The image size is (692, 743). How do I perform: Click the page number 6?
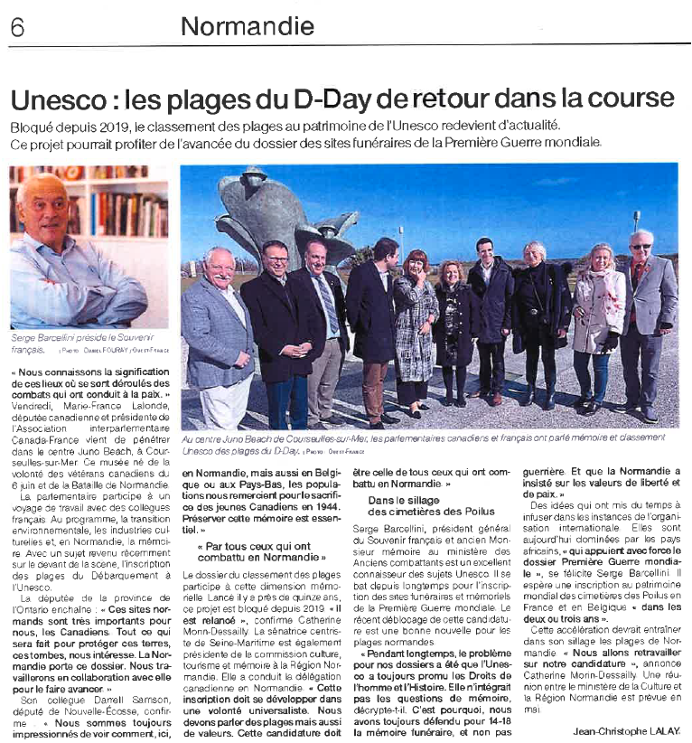[17, 27]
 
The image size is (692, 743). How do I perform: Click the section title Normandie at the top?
[247, 26]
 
